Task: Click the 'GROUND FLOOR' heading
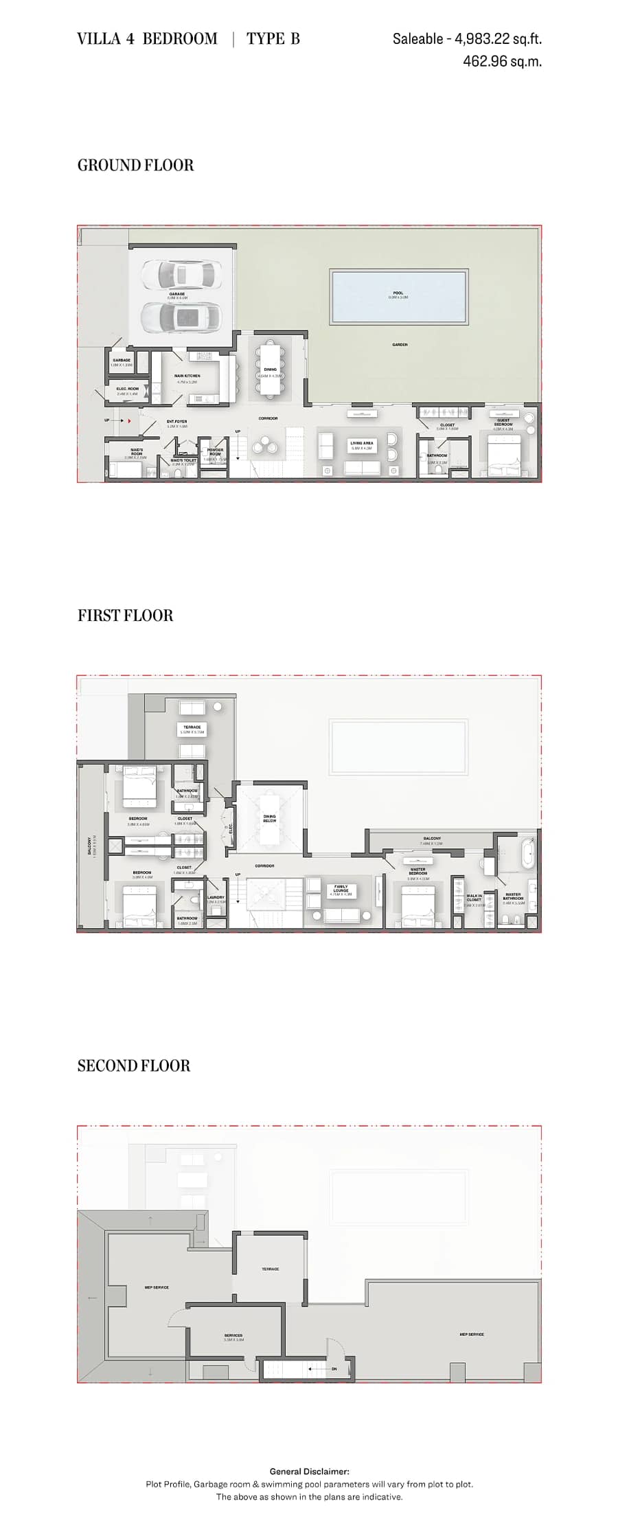[135, 165]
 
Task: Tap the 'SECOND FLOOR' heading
[133, 1065]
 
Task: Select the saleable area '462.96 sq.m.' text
[502, 61]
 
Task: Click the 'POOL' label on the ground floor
[398, 293]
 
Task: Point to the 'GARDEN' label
[400, 345]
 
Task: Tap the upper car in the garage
[178, 275]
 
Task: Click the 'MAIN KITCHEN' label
[187, 376]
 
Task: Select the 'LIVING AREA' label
[362, 443]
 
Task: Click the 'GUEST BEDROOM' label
[503, 422]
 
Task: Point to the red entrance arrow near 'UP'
[128, 420]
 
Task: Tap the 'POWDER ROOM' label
[215, 451]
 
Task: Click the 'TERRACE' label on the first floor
[192, 727]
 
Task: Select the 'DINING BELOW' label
[269, 818]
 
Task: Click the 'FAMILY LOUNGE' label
[341, 888]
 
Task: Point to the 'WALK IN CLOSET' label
[474, 897]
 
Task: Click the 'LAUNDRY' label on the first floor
[216, 897]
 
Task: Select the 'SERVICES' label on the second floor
[233, 1335]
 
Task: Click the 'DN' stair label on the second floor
[334, 1368]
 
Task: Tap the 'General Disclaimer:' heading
[309, 1471]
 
